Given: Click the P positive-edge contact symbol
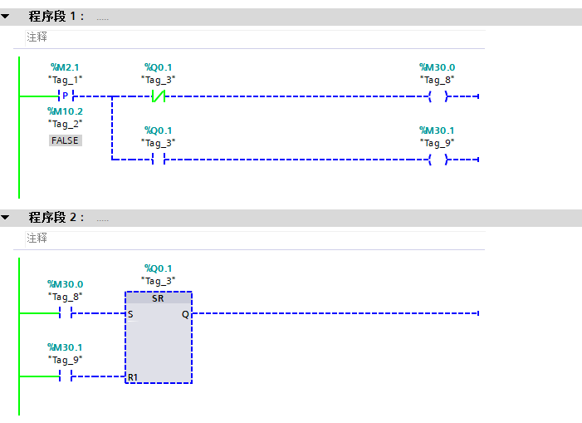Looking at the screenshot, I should (66, 96).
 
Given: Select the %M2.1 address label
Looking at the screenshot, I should (66, 67).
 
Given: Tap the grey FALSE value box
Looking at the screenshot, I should (65, 140).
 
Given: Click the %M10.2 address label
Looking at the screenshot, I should (66, 111).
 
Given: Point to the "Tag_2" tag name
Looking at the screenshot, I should (66, 124).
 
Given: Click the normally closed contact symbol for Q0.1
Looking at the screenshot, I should (158, 96).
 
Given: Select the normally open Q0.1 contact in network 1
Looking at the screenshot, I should (158, 160).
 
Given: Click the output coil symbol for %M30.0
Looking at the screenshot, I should (438, 96).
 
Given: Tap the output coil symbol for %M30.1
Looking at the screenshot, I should (438, 160).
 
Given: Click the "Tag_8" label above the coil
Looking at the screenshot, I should (438, 80).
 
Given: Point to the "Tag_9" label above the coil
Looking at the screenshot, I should (438, 143).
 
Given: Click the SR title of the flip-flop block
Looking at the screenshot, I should (158, 298).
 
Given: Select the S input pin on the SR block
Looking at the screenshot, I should (131, 315).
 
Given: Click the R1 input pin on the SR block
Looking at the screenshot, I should (133, 377).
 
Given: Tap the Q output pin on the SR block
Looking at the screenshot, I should (185, 315).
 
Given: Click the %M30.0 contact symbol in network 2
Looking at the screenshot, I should (66, 313).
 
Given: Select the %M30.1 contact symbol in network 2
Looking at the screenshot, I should (66, 376).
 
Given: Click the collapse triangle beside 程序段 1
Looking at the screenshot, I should (6, 16).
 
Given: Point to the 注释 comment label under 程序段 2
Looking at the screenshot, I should (37, 238).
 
